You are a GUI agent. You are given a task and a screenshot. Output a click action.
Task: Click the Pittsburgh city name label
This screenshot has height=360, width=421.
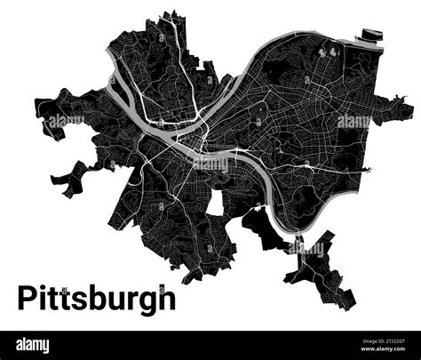[97, 297]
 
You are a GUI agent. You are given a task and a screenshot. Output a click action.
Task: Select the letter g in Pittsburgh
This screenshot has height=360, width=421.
[146, 300]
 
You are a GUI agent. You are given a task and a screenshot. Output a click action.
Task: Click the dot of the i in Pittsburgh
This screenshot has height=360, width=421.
[49, 286]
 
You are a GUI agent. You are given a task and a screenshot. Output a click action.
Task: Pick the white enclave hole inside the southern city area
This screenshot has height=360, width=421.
[214, 202]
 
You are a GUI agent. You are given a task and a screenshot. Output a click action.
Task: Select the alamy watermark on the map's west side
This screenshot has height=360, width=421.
[67, 120]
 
